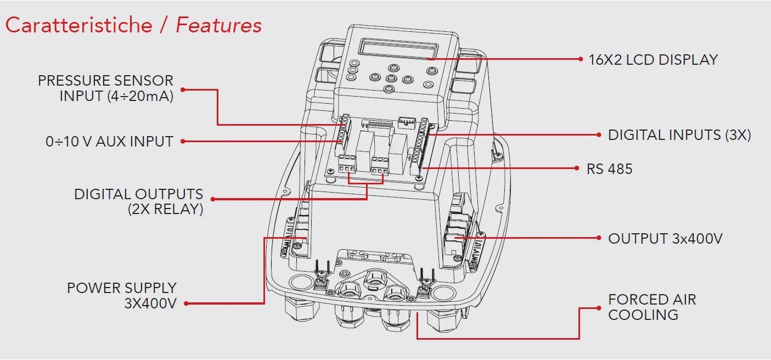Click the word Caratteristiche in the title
coord(78,25)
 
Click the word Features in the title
coord(218,25)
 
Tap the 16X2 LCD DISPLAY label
coord(653,60)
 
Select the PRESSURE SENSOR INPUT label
coord(105,88)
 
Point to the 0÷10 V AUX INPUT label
coord(109,142)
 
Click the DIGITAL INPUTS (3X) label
coord(679,135)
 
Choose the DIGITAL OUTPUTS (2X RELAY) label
coord(139,201)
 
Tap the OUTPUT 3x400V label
coord(665,239)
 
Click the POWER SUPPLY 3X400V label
coord(122,295)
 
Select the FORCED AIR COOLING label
coord(652,307)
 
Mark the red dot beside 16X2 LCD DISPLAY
coord(581,58)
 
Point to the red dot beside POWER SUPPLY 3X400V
coord(186,303)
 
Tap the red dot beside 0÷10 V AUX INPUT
coord(183,141)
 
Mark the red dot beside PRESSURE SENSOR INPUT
coord(183,89)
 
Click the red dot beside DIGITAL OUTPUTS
coord(212,199)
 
